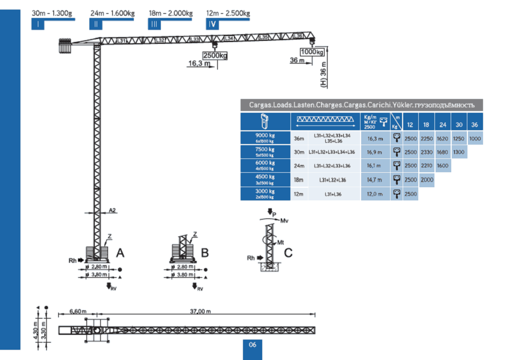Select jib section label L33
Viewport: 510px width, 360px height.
(195, 40)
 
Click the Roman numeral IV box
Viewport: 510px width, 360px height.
(212, 24)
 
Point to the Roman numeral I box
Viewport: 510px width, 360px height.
(38, 24)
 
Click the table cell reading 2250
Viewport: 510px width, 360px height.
(427, 137)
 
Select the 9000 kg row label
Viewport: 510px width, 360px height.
(265, 137)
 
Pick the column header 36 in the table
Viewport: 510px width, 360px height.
(475, 124)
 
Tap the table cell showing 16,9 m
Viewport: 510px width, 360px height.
(375, 152)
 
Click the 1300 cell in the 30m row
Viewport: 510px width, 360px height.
(458, 152)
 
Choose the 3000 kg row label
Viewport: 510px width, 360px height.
(265, 194)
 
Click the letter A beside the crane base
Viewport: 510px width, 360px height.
(119, 252)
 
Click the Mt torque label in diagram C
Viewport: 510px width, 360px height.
(280, 242)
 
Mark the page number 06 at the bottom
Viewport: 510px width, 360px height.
(252, 344)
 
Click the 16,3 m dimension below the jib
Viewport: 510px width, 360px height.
(199, 63)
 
